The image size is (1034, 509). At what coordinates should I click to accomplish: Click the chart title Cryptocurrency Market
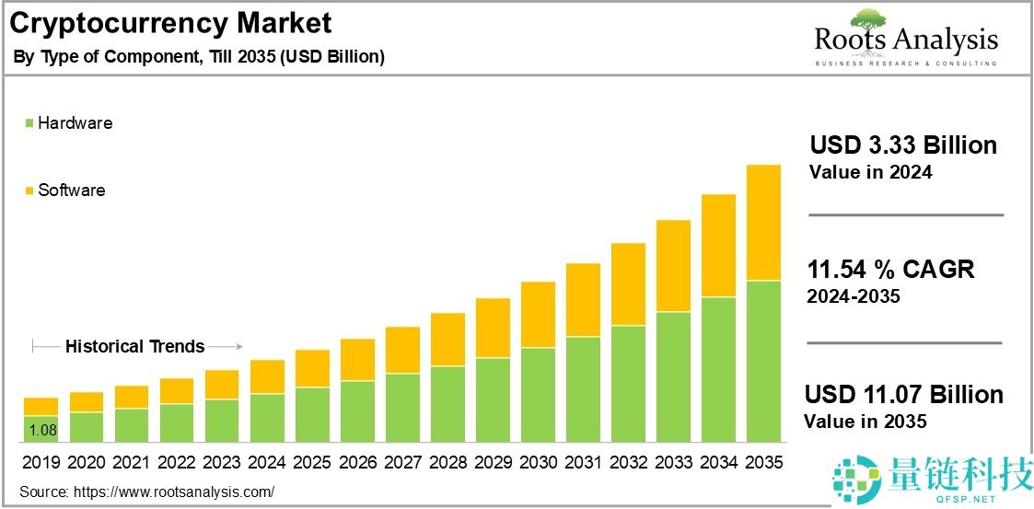[170, 22]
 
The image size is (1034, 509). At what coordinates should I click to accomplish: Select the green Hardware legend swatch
[29, 123]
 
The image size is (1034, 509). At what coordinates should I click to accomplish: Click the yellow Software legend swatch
[29, 191]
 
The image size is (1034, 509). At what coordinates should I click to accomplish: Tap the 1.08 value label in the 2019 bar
[41, 430]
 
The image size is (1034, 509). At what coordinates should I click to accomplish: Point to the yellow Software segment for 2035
[763, 223]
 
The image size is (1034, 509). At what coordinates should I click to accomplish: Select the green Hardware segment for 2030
[538, 395]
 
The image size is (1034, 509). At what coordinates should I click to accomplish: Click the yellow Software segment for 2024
[267, 376]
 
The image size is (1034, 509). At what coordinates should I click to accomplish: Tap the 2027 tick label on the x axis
[402, 462]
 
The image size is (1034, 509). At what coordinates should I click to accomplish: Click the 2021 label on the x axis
[132, 462]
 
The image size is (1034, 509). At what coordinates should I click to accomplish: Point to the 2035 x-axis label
[763, 462]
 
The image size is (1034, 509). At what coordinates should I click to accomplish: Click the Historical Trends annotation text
[134, 347]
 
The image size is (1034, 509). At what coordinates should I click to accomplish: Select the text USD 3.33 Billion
[902, 145]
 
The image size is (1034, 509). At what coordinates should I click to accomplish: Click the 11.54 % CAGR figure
[890, 270]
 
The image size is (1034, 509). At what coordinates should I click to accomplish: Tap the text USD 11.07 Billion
[903, 395]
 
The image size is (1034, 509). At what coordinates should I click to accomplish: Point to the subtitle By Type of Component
[198, 57]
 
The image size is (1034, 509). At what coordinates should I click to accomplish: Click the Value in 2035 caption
[865, 422]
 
